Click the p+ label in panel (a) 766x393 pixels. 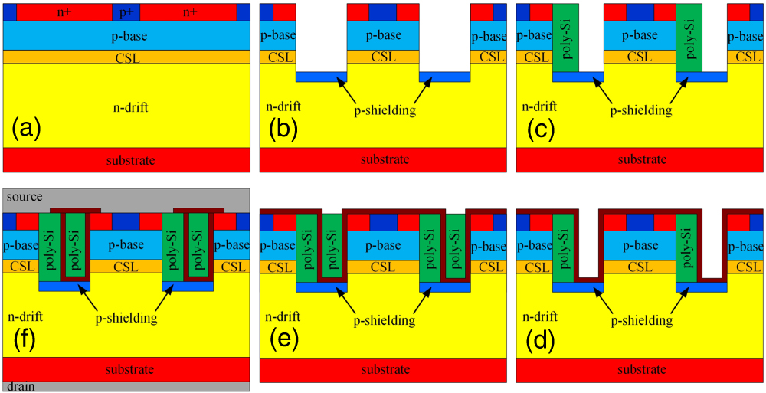pos(126,12)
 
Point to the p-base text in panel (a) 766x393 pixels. pos(126,36)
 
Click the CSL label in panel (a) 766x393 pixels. pos(126,57)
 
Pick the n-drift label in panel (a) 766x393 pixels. pos(126,107)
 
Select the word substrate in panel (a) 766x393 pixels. pos(126,160)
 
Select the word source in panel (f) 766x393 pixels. pos(23,197)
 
